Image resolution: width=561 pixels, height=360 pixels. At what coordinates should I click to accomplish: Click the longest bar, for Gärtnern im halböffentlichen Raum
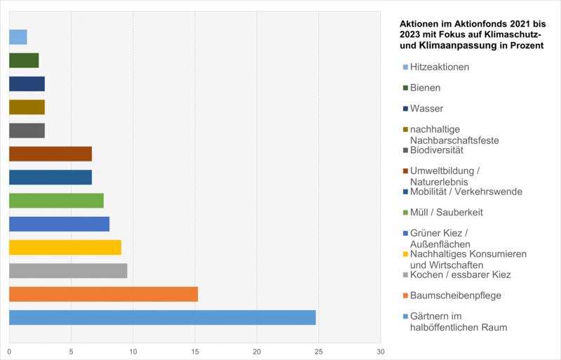162,317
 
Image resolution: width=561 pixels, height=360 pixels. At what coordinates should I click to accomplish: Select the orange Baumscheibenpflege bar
103,294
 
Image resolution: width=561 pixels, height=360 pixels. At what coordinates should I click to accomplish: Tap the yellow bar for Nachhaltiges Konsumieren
65,247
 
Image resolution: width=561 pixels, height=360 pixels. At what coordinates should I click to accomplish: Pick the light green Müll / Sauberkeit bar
56,201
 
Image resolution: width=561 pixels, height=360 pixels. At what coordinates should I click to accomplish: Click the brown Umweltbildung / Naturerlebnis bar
50,154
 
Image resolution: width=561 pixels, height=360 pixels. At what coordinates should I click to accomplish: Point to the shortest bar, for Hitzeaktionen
18,37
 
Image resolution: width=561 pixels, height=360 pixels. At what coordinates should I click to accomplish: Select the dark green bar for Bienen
23,60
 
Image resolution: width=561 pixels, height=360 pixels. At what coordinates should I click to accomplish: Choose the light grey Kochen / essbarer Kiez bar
68,271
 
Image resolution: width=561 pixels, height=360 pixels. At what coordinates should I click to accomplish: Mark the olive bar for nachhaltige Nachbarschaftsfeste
27,107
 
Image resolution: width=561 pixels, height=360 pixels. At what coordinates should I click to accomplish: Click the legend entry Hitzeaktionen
439,67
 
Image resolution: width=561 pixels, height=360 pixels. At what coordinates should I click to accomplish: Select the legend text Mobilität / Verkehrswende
466,192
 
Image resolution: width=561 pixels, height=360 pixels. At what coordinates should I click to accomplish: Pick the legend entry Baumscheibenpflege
455,295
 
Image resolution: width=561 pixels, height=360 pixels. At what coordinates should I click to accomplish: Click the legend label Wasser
426,109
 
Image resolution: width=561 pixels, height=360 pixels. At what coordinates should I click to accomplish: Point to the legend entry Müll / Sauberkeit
446,212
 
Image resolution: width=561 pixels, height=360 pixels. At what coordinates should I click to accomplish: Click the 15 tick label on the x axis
195,351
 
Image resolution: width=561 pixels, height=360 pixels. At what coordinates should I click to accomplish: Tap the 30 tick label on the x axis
381,351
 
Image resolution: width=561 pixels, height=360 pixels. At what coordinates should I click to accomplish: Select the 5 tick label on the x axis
71,351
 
